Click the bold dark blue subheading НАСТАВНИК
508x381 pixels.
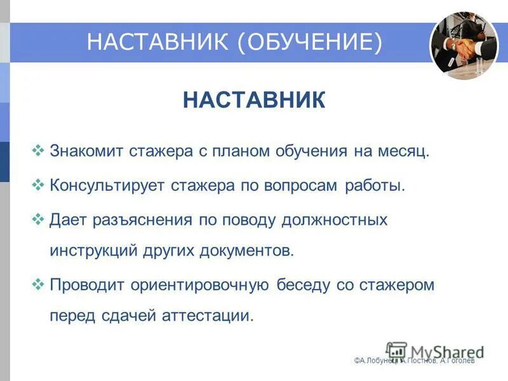click(253, 101)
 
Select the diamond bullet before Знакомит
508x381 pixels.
click(37, 151)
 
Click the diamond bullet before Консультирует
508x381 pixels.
click(37, 186)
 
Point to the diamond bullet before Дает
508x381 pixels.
click(37, 220)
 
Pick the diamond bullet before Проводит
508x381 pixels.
click(37, 284)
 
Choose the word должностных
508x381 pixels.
click(333, 220)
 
